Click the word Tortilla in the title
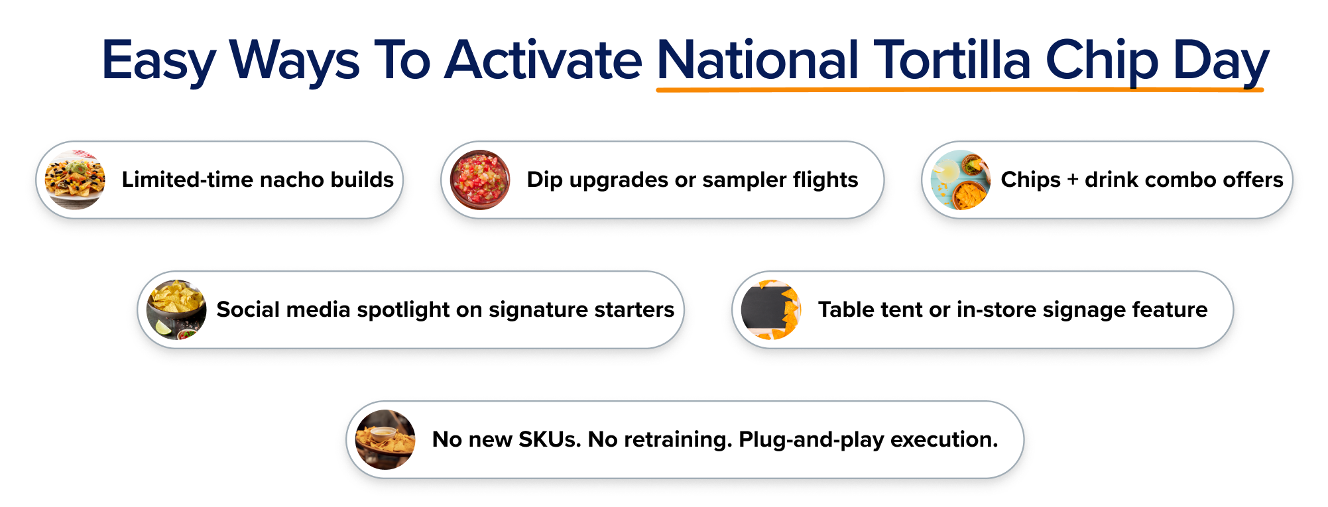point(952,60)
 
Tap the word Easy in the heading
point(158,62)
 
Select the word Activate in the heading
point(542,60)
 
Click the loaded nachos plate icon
point(75,180)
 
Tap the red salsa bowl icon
point(480,180)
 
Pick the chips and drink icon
point(961,180)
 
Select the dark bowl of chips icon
point(176,310)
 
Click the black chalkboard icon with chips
point(770,310)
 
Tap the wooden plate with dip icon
point(385,439)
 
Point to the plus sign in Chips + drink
point(1072,180)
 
